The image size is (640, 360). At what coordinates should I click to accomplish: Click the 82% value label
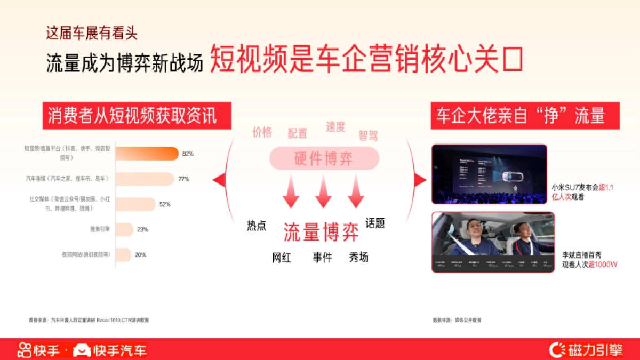click(x=188, y=154)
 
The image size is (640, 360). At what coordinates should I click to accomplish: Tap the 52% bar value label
click(x=165, y=204)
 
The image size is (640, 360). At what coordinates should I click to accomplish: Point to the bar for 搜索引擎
click(x=124, y=229)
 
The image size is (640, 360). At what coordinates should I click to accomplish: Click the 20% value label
click(x=140, y=255)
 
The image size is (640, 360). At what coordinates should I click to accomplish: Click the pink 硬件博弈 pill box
click(x=324, y=158)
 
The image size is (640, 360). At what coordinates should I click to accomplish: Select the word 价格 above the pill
click(x=262, y=132)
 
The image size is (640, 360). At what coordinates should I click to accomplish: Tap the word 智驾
click(x=368, y=135)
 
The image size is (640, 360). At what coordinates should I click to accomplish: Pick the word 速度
click(x=335, y=127)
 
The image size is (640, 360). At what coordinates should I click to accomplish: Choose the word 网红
click(x=282, y=258)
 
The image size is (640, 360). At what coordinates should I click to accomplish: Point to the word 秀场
click(x=358, y=257)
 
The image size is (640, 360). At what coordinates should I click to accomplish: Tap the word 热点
click(x=256, y=225)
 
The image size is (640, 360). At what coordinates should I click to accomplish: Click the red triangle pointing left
click(x=219, y=180)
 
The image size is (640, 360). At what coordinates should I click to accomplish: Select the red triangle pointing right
click(x=420, y=180)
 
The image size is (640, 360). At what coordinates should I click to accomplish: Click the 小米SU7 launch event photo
click(x=489, y=174)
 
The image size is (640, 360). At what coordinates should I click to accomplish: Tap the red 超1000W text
click(x=603, y=264)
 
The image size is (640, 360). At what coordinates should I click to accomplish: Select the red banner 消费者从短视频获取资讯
click(x=137, y=116)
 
